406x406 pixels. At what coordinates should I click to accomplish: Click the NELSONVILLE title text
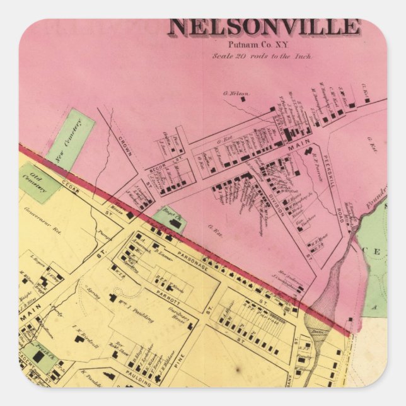264,27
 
